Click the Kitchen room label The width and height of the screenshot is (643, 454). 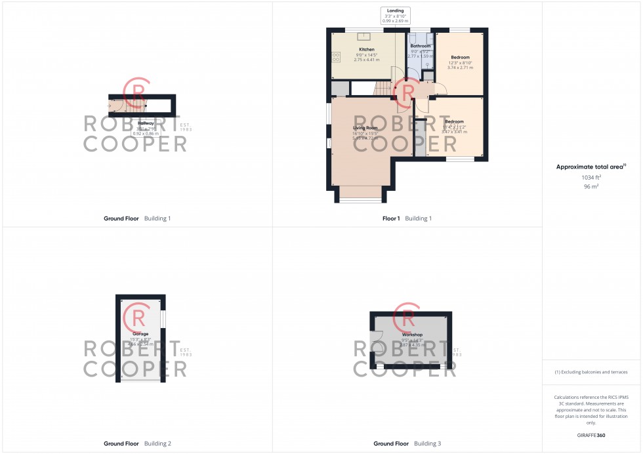pyautogui.click(x=366, y=50)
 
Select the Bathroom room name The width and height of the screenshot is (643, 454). pyautogui.click(x=420, y=46)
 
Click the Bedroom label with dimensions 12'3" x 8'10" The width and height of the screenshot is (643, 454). pyautogui.click(x=460, y=58)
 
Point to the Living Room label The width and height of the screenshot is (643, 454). pyautogui.click(x=365, y=128)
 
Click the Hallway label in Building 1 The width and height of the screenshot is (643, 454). pyautogui.click(x=146, y=123)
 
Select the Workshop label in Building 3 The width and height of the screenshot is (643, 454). pyautogui.click(x=412, y=335)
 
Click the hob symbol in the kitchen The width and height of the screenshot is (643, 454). pyautogui.click(x=336, y=57)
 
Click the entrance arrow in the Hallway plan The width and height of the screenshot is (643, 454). pyautogui.click(x=111, y=105)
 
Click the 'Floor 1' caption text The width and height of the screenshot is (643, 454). pyautogui.click(x=392, y=218)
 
